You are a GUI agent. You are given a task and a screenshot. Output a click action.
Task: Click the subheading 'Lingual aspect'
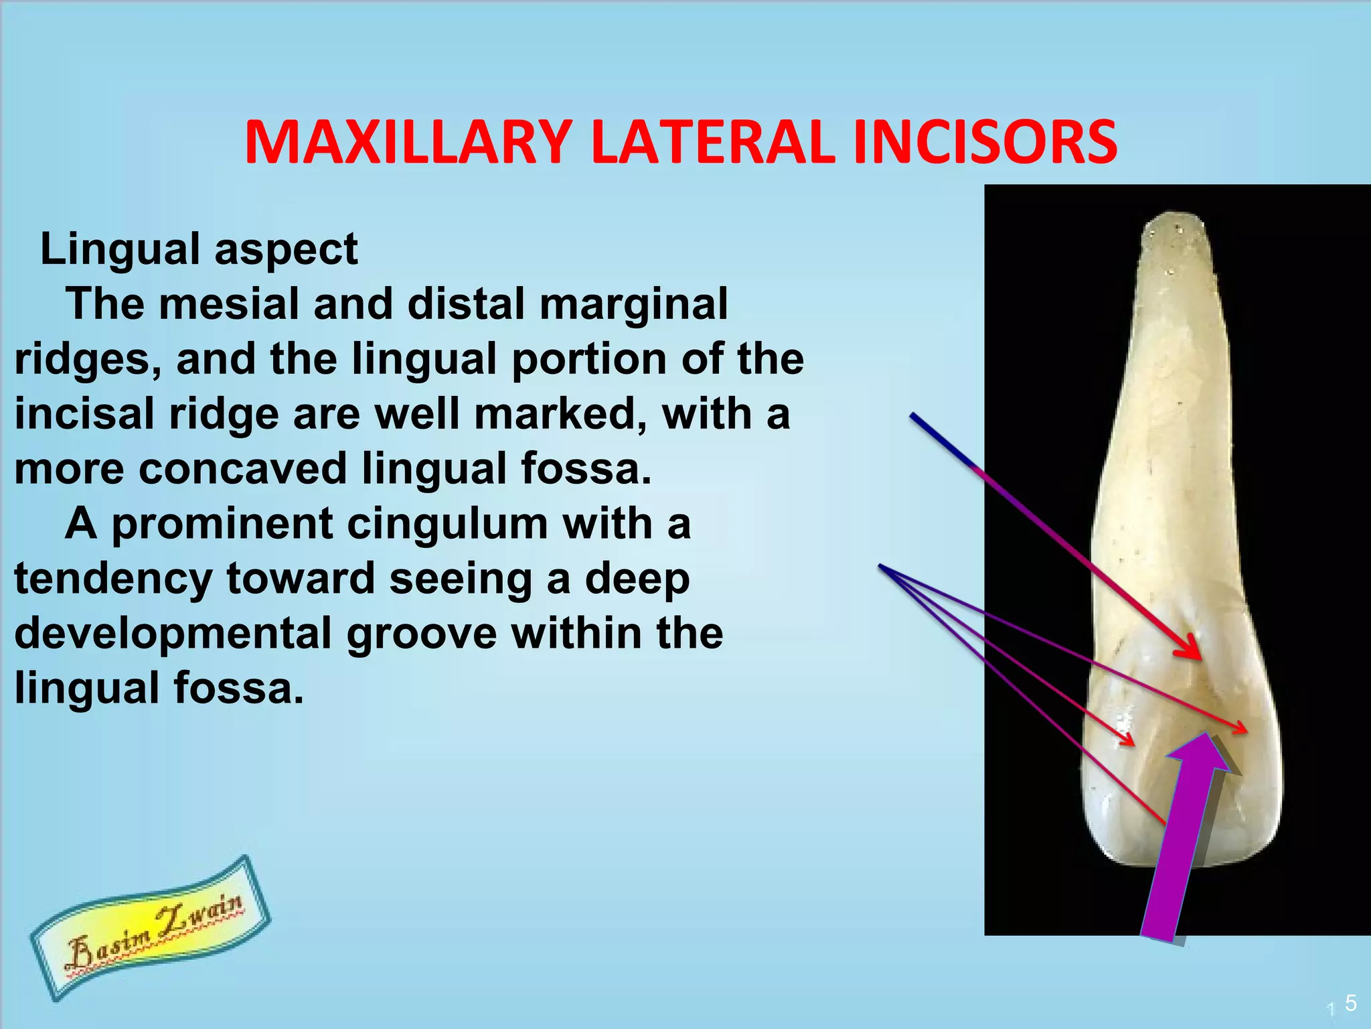[199, 249]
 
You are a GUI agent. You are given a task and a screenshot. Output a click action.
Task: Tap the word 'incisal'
[84, 414]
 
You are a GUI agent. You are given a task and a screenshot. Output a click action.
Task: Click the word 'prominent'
[222, 524]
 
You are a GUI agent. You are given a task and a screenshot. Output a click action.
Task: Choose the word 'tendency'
[113, 579]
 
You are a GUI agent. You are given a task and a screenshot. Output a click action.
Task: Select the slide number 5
[1350, 1003]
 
